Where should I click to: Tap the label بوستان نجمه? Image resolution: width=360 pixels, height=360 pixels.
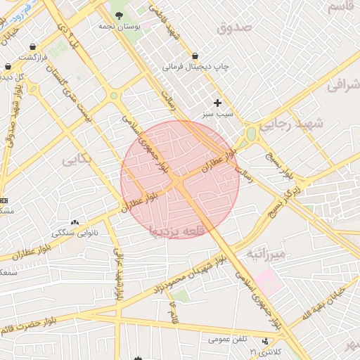[119, 26]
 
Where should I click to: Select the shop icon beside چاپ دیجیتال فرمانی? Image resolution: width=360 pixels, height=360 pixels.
[195, 56]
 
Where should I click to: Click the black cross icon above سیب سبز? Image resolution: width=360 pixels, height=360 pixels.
[217, 103]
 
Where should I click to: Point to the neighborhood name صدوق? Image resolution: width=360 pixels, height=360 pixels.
[234, 29]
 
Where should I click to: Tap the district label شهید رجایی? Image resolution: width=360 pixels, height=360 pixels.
[290, 124]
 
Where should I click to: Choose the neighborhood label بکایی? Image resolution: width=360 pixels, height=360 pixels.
[77, 160]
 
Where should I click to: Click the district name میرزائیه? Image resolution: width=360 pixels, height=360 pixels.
[264, 253]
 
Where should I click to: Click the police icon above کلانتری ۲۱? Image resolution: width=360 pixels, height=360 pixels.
[265, 342]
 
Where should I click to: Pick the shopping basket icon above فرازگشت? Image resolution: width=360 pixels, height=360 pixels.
[33, 46]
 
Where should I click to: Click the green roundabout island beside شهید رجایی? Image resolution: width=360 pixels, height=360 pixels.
[251, 134]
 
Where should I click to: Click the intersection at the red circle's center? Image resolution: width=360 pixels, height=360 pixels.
[179, 180]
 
